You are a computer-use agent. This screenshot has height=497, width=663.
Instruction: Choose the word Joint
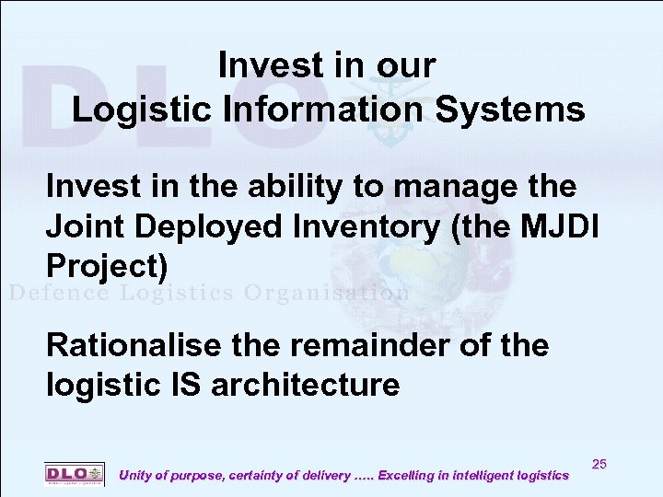(x=83, y=225)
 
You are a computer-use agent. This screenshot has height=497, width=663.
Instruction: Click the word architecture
(x=306, y=384)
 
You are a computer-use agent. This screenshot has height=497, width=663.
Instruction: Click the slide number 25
(x=599, y=464)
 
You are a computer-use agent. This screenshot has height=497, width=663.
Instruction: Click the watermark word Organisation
(x=326, y=294)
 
